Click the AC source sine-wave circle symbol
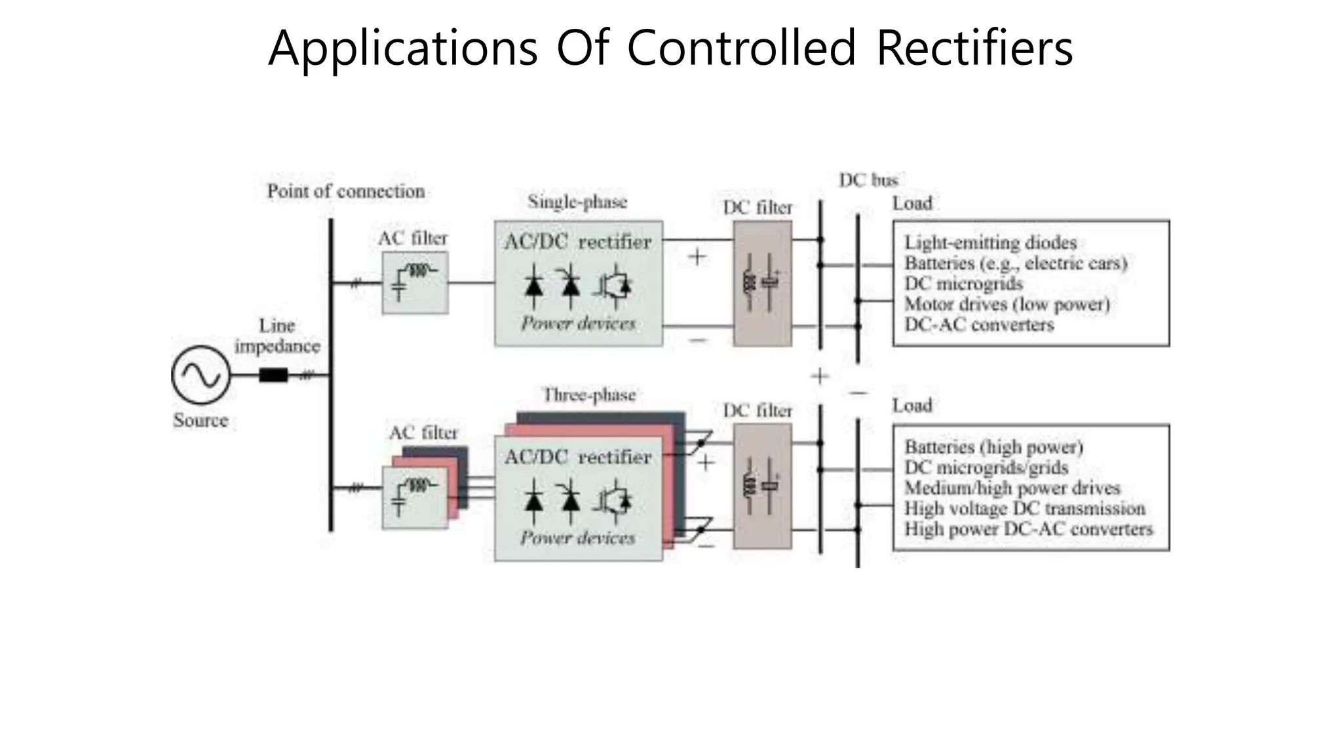pyautogui.click(x=201, y=376)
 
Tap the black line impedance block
pyautogui.click(x=273, y=376)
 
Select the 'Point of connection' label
pyautogui.click(x=345, y=191)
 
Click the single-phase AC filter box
pyautogui.click(x=415, y=282)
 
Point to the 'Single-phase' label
pyautogui.click(x=577, y=202)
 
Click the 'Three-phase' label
pyautogui.click(x=589, y=395)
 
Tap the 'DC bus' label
pyautogui.click(x=868, y=180)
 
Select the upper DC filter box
pyautogui.click(x=762, y=283)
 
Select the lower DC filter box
pyautogui.click(x=762, y=486)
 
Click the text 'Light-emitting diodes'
pyautogui.click(x=990, y=242)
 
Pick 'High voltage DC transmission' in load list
pyautogui.click(x=1025, y=509)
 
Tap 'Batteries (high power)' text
pyautogui.click(x=993, y=447)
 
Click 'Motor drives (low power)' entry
pyautogui.click(x=1007, y=304)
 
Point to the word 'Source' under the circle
pyautogui.click(x=201, y=420)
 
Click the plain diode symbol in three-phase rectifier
pyautogui.click(x=534, y=501)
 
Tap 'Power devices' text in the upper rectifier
pyautogui.click(x=578, y=324)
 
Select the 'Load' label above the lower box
pyautogui.click(x=912, y=406)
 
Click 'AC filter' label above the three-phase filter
pyautogui.click(x=423, y=433)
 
